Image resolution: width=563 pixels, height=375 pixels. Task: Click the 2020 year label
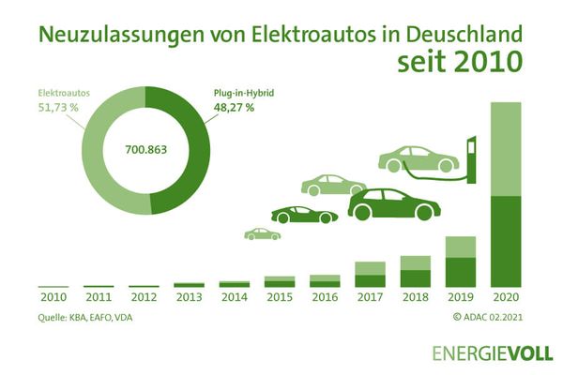pos(506,299)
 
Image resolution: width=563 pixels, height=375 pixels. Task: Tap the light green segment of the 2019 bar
pos(461,247)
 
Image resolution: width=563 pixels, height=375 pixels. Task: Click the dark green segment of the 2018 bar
pos(415,277)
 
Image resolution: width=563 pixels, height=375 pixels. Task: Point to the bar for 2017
pos(370,275)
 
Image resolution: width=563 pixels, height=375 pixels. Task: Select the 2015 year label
pos(279,299)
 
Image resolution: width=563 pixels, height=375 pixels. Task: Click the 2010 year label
pos(53,299)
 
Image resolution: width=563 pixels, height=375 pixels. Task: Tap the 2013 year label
pos(189,299)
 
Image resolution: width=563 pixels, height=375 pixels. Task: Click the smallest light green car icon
pos(262,233)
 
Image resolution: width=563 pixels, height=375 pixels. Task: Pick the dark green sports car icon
pos(304,215)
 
